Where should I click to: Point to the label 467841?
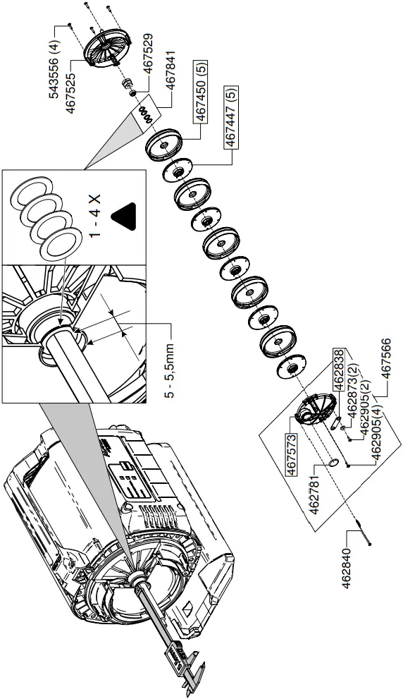click(170, 82)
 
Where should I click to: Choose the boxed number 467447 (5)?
click(230, 117)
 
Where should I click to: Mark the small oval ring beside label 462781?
click(333, 463)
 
